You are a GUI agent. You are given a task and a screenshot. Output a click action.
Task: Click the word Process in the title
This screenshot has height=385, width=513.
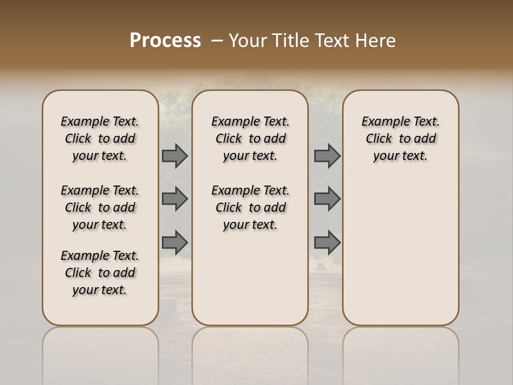(x=165, y=40)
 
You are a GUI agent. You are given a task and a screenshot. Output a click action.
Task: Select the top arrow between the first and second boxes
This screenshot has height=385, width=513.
(x=175, y=156)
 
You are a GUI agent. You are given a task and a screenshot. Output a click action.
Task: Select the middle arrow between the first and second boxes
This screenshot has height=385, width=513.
(x=175, y=199)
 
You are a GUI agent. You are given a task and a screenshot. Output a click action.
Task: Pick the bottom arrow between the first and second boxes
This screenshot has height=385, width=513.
(x=175, y=242)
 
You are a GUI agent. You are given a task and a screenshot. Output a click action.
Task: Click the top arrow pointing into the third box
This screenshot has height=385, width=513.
(x=327, y=156)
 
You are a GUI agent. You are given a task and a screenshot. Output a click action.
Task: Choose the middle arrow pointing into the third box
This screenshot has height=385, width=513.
(x=327, y=199)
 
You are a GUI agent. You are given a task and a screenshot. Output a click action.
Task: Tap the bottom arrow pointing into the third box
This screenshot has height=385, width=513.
(x=327, y=242)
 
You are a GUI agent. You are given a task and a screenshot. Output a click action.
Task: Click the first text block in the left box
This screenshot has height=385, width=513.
(x=100, y=138)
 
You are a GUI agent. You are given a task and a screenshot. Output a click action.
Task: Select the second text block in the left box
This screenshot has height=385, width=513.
(x=100, y=207)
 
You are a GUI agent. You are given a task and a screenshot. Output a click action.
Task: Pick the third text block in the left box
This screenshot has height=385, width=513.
(x=100, y=273)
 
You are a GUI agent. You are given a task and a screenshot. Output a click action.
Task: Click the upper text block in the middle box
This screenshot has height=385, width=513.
(x=251, y=138)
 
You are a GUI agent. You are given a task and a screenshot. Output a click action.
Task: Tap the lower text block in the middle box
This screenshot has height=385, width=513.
(x=251, y=207)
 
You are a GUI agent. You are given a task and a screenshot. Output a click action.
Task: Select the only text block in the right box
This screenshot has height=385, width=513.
(x=401, y=138)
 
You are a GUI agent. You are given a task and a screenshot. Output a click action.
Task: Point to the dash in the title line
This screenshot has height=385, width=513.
(x=216, y=41)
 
